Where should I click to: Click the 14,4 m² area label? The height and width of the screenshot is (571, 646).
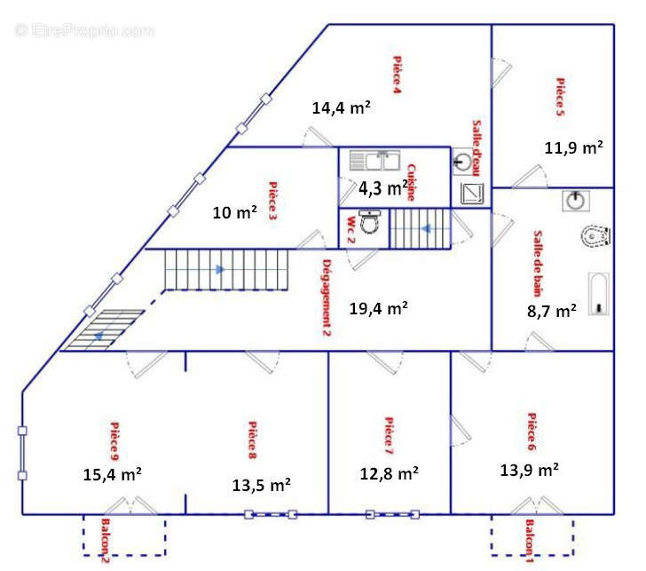(x=341, y=108)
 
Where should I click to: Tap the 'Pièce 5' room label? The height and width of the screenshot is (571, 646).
(x=560, y=97)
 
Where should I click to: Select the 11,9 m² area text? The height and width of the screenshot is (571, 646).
(x=574, y=147)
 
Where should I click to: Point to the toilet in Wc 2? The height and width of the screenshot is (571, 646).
(x=369, y=221)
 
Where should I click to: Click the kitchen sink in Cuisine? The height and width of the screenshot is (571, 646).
(x=374, y=161)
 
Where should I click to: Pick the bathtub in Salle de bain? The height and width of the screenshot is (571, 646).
(x=599, y=294)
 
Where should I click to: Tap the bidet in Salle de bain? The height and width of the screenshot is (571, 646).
(x=595, y=236)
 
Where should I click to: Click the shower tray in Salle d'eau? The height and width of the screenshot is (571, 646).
(x=472, y=194)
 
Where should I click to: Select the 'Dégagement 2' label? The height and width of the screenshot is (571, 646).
(x=327, y=297)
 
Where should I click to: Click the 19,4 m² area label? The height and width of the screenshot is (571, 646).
(x=379, y=308)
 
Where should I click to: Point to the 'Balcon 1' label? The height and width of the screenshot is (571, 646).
(x=530, y=541)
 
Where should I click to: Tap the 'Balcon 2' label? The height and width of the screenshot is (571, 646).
(x=106, y=541)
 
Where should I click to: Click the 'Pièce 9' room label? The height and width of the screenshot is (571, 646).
(x=114, y=441)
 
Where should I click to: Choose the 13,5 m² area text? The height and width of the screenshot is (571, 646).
(x=261, y=485)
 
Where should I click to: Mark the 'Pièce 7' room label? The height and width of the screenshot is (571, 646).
(x=389, y=436)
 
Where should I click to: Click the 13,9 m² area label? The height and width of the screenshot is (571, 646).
(x=530, y=470)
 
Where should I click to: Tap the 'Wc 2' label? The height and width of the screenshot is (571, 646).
(x=351, y=230)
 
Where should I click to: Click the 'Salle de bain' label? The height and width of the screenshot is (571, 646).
(x=538, y=264)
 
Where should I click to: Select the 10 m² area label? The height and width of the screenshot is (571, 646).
(x=235, y=213)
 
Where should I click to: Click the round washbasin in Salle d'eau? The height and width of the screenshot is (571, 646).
(x=462, y=162)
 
